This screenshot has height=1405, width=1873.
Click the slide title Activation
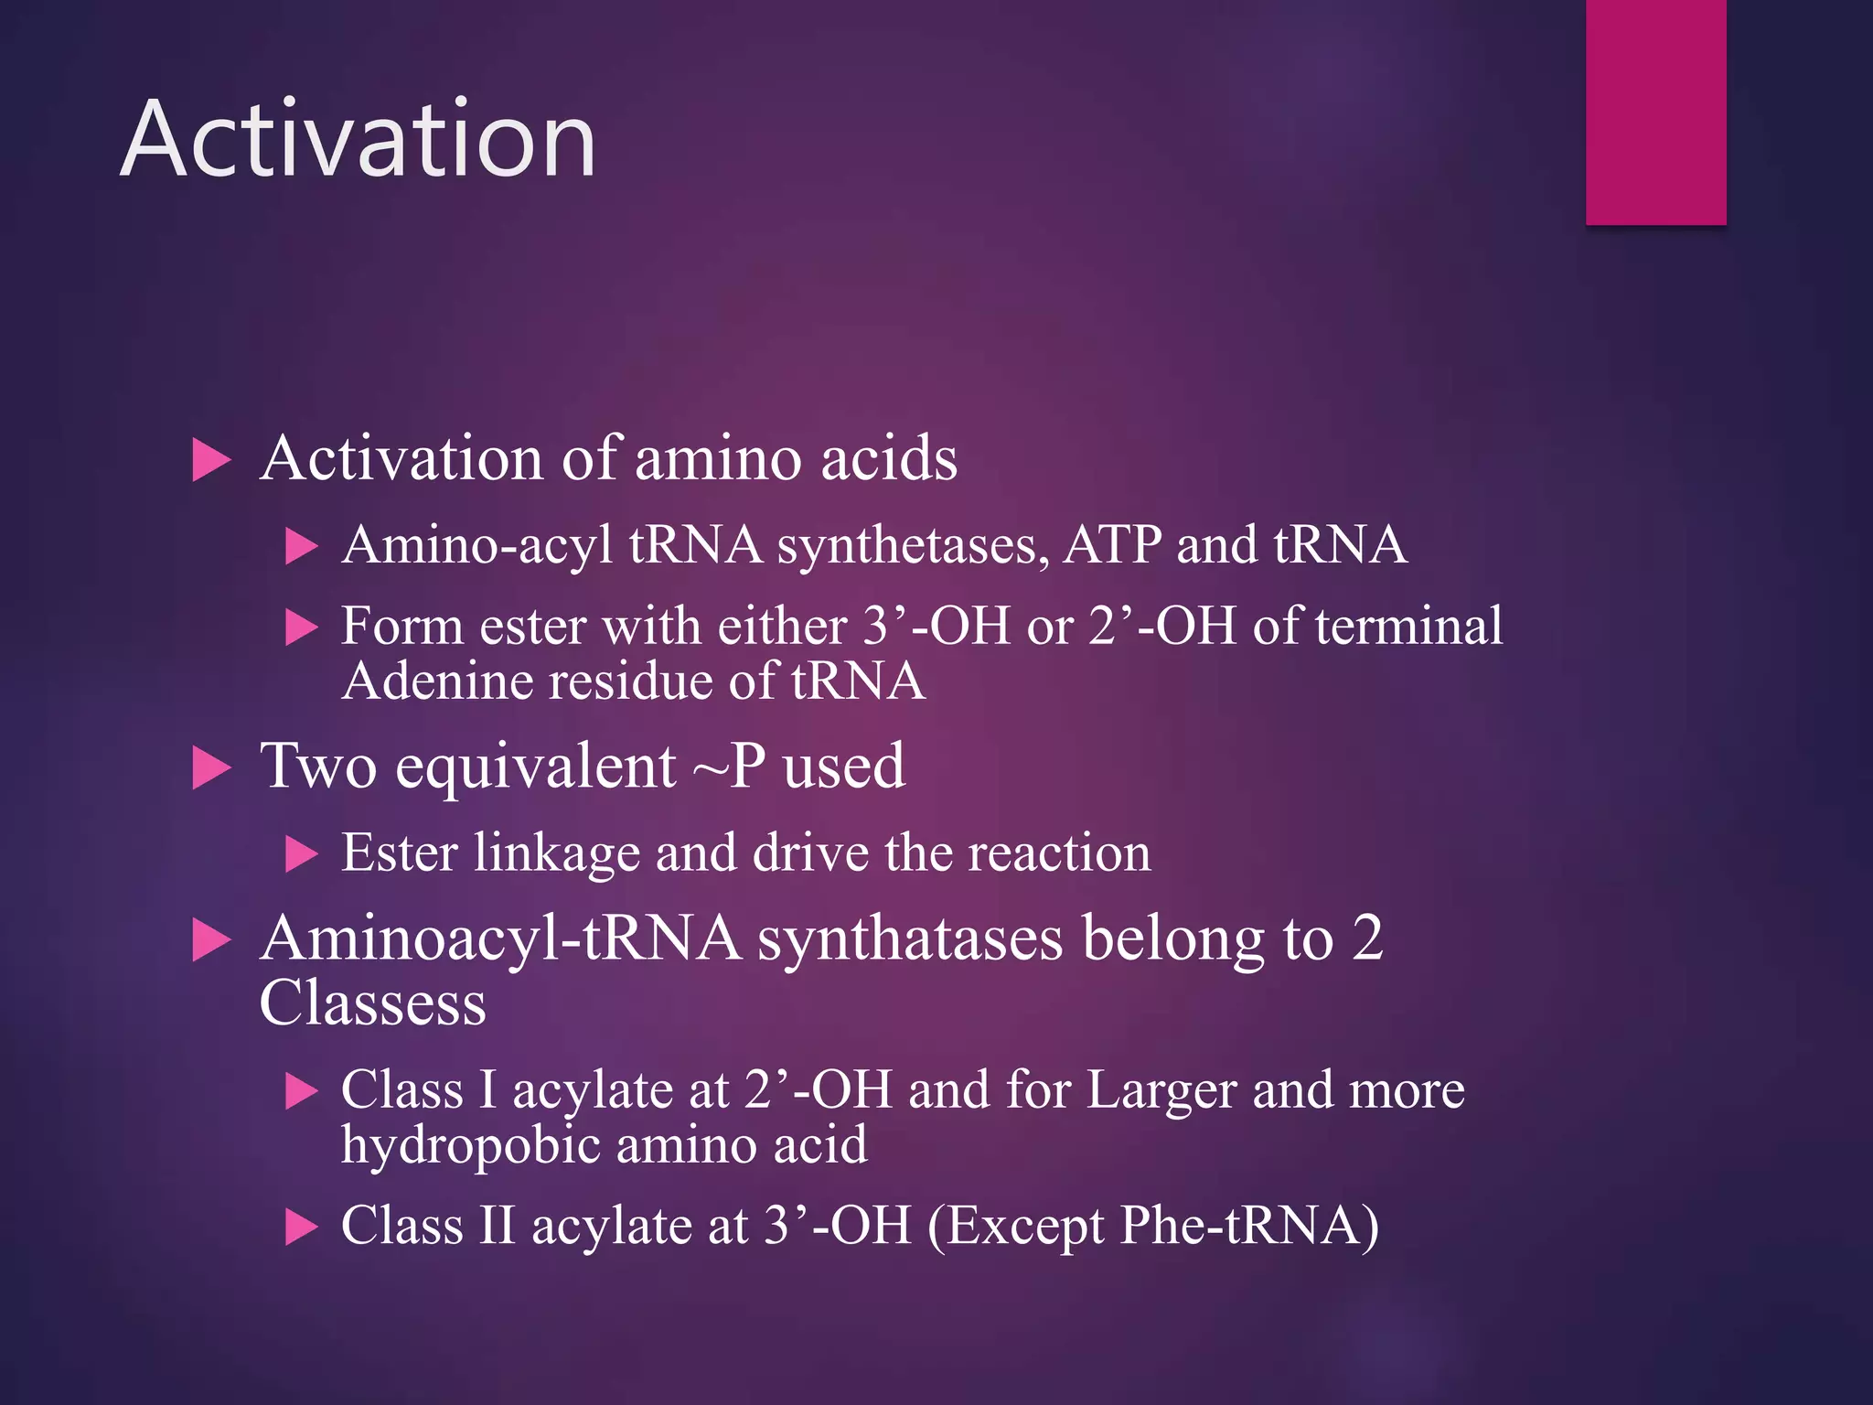pyautogui.click(x=358, y=140)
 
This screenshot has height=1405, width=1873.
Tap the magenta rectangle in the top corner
pyautogui.click(x=1655, y=112)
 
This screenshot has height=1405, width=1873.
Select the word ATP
pyautogui.click(x=1111, y=545)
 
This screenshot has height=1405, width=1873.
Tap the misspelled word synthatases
pyautogui.click(x=910, y=940)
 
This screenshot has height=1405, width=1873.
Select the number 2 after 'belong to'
pyautogui.click(x=1366, y=938)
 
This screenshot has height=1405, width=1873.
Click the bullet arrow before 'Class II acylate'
pyautogui.click(x=301, y=1228)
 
